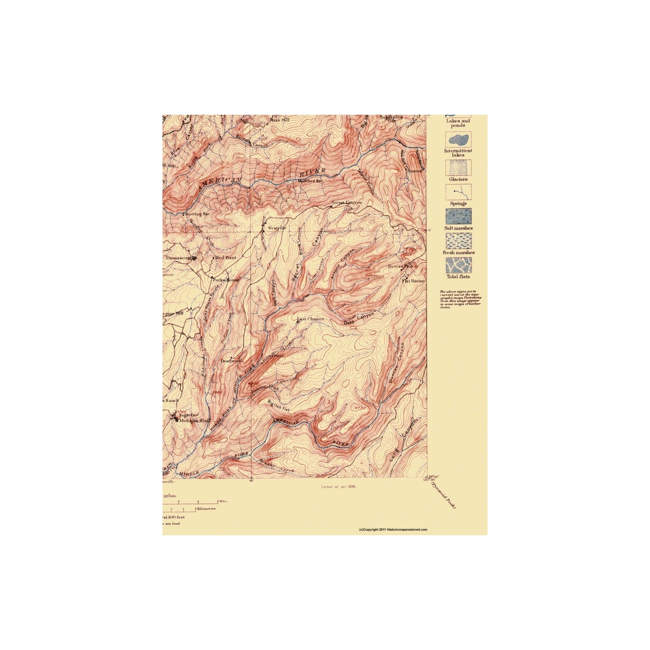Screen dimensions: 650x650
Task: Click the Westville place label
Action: pos(277,228)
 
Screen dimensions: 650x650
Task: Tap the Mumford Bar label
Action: pos(310,181)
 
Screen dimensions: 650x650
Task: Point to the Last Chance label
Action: pos(310,319)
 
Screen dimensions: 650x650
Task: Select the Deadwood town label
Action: pos(232,361)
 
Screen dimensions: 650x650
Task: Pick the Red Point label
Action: pos(225,258)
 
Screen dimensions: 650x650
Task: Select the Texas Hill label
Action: pos(279,120)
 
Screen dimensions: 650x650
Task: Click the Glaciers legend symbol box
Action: pos(458,168)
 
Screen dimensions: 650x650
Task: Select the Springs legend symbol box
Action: pos(458,192)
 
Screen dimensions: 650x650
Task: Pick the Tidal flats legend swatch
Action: pos(458,265)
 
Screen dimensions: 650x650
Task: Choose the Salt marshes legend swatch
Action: pos(458,216)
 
